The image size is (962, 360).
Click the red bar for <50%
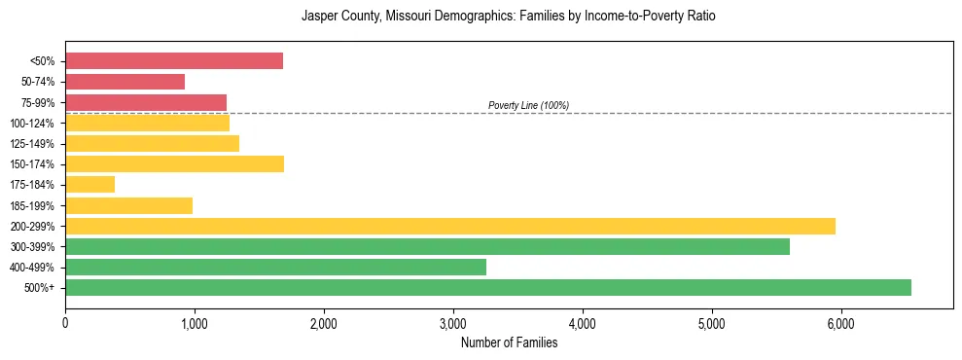tap(173, 61)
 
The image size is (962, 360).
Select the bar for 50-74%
tap(125, 82)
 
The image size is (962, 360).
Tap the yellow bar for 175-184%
tap(89, 184)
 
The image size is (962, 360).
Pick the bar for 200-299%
tap(449, 226)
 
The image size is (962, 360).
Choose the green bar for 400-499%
tap(275, 267)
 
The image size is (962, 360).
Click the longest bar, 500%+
tap(487, 287)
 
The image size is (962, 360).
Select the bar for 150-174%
tap(174, 163)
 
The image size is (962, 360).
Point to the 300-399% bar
tap(427, 246)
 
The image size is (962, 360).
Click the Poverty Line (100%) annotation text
tap(528, 105)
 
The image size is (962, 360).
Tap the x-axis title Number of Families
tap(509, 342)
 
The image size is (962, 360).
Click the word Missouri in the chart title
tap(411, 17)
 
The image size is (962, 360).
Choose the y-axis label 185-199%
tap(33, 205)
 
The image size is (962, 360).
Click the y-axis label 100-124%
tap(33, 123)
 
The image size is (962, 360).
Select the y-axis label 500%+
tap(39, 288)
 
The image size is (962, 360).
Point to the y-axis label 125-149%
tap(33, 144)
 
